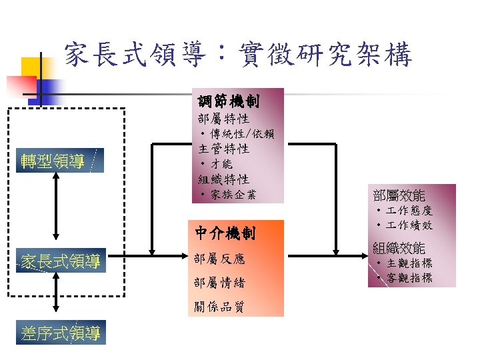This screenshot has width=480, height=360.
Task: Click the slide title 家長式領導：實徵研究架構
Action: (238, 56)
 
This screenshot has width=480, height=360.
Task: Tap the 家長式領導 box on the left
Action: (61, 261)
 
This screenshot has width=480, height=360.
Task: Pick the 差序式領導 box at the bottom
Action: (61, 333)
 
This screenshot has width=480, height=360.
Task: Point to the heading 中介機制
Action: (225, 233)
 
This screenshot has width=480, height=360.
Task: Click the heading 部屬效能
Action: (399, 195)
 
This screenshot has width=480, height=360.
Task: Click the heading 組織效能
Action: (399, 247)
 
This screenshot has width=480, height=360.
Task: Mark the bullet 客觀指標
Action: (408, 277)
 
